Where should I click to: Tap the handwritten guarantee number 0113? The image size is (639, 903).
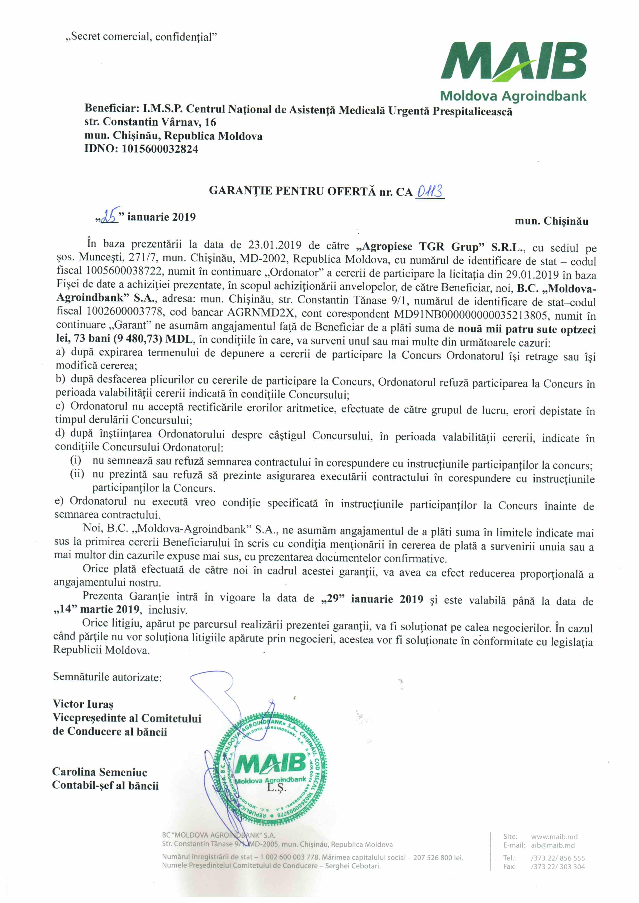coord(430,192)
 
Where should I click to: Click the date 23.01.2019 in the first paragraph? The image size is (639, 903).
coord(275,245)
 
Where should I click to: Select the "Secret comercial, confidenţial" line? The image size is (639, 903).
coord(141,37)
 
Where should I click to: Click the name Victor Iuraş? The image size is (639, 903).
coord(83,704)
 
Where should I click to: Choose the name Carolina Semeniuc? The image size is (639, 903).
coord(99,772)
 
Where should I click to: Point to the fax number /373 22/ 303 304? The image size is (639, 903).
coord(558,867)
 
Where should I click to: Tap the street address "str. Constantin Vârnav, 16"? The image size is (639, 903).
coord(150,122)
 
